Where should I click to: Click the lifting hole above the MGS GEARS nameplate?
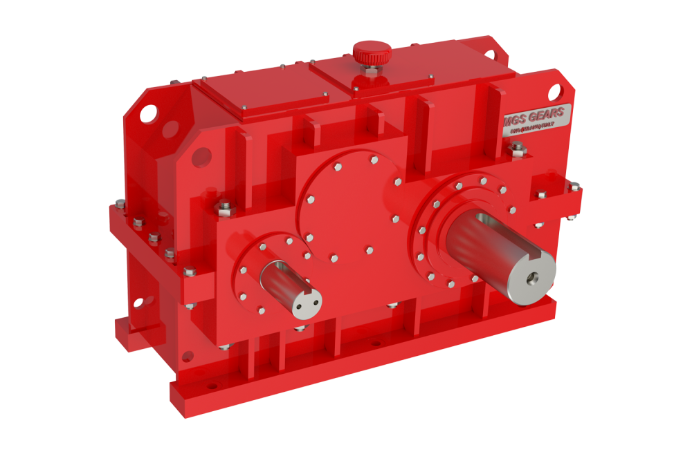(x=554, y=90)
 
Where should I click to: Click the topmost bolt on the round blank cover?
(x=374, y=160)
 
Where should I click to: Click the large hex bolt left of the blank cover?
(x=224, y=205)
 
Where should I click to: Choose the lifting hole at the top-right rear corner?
(x=491, y=53)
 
